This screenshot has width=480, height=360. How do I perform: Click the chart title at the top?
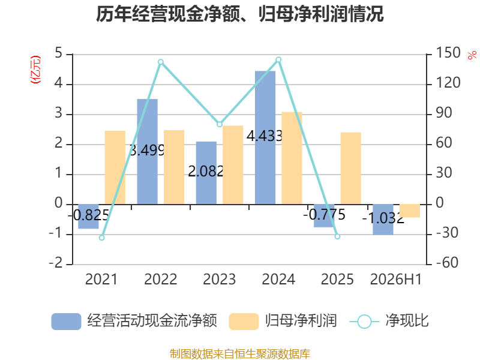click(x=239, y=14)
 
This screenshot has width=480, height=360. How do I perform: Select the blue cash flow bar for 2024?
click(x=265, y=137)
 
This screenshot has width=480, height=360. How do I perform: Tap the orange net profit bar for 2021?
click(x=115, y=167)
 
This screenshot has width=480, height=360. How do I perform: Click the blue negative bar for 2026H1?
click(x=383, y=220)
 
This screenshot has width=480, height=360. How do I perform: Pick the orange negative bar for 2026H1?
click(x=410, y=211)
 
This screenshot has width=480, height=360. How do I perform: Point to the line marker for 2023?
click(x=220, y=124)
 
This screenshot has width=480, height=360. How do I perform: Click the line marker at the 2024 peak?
click(x=278, y=59)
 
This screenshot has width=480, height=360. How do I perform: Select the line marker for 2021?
click(x=102, y=238)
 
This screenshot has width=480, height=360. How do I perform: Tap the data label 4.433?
click(x=265, y=136)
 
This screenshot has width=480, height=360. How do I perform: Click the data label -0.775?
click(x=324, y=215)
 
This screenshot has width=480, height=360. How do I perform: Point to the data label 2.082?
click(x=206, y=172)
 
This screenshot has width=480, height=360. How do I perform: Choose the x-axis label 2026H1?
click(x=396, y=279)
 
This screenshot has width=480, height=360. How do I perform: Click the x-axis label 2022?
click(x=161, y=279)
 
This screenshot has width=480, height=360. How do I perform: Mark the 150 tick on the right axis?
click(x=448, y=53)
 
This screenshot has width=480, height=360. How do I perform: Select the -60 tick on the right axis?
click(x=447, y=262)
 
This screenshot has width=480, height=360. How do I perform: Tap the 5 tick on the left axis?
click(x=58, y=53)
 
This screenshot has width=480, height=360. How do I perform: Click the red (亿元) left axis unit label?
click(x=35, y=70)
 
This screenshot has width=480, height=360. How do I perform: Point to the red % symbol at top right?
click(x=472, y=55)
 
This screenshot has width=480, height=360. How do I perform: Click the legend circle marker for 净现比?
click(x=364, y=322)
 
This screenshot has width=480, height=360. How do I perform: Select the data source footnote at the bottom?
click(x=240, y=354)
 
